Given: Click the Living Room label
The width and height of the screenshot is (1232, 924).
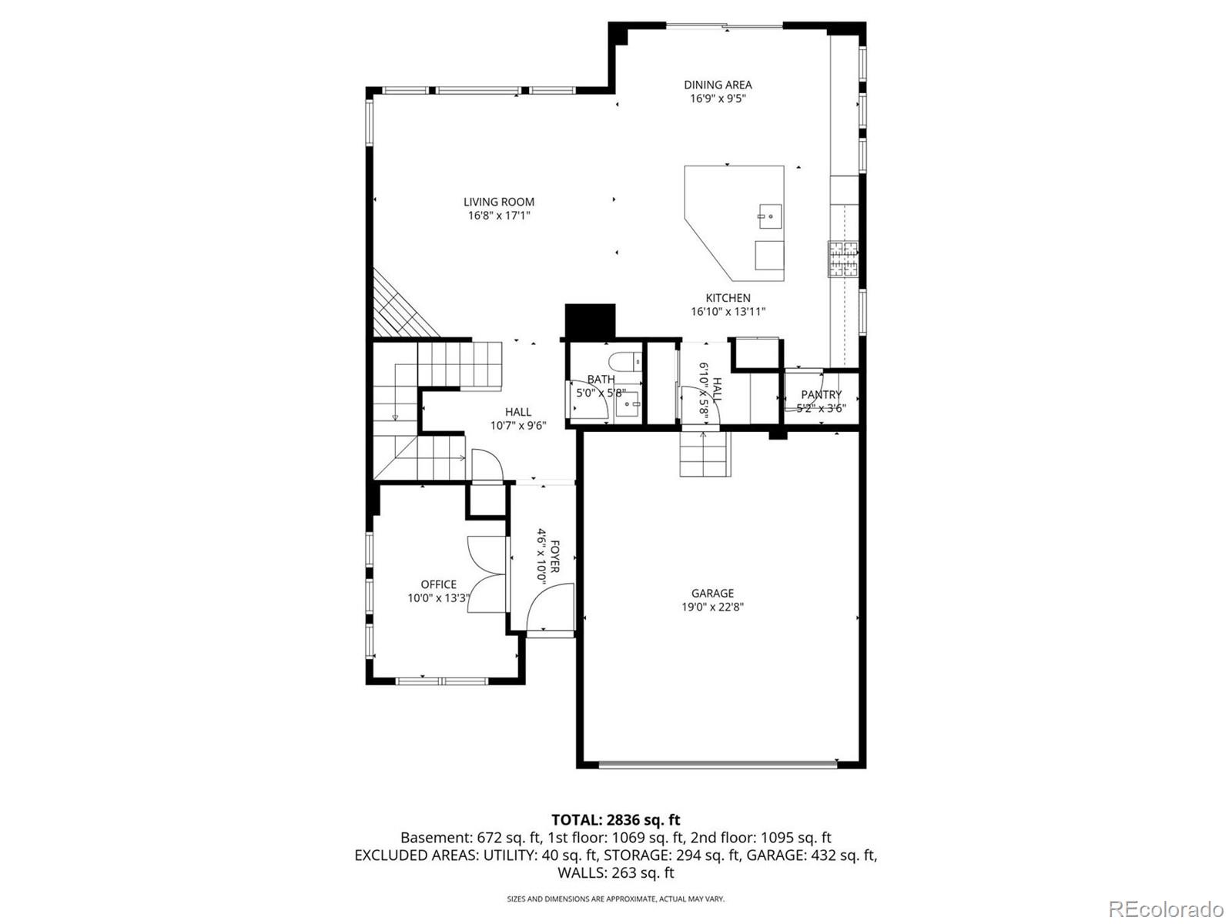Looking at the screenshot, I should click(498, 202).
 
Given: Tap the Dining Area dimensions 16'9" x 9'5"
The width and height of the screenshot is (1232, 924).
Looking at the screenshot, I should click(718, 99).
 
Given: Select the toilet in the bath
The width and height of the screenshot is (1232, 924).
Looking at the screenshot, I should click(622, 362).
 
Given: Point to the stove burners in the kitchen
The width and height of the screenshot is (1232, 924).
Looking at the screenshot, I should click(842, 259).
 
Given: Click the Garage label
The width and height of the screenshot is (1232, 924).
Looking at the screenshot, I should click(712, 593).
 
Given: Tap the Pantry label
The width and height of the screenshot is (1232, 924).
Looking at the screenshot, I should click(821, 395).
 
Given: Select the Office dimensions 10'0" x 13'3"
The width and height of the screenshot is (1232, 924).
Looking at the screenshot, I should click(438, 598).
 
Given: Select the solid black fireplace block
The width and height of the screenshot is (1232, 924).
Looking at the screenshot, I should click(591, 321).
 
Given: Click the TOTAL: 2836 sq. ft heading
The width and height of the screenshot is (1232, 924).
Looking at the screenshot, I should click(615, 820).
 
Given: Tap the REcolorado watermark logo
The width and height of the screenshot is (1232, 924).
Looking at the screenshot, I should click(1166, 909).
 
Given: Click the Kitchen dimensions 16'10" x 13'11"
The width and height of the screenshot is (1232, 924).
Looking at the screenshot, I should click(728, 312).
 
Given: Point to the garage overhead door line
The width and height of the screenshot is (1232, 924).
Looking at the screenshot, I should click(717, 764).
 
